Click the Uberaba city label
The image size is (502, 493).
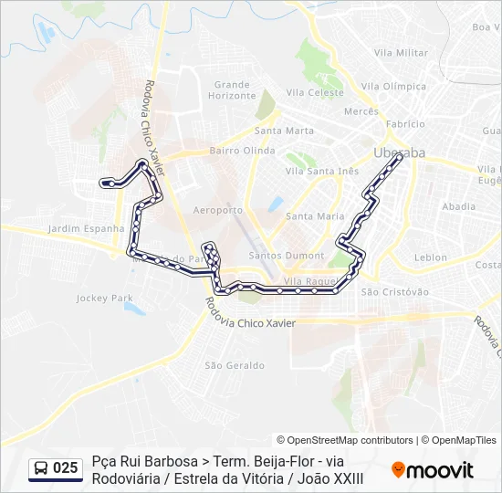pyautogui.click(x=400, y=152)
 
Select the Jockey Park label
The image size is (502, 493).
pyautogui.click(x=105, y=299)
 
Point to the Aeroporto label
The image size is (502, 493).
pyautogui.click(x=219, y=210)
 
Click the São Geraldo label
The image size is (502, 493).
pyautogui.click(x=235, y=365)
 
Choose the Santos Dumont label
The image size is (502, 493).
pyautogui.click(x=293, y=256)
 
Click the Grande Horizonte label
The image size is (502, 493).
pyautogui.click(x=232, y=89)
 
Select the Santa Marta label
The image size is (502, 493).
pyautogui.click(x=285, y=131)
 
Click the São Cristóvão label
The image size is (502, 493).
pyautogui.click(x=395, y=292)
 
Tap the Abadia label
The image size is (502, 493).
pyautogui.click(x=458, y=207)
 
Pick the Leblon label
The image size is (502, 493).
pyautogui.click(x=431, y=258)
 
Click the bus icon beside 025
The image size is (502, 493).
pyautogui.click(x=42, y=468)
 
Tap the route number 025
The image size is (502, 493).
pyautogui.click(x=66, y=468)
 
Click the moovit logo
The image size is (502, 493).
pyautogui.click(x=433, y=470)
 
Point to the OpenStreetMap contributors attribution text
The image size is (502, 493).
pyautogui.click(x=345, y=440)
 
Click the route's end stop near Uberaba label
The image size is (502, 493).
pyautogui.click(x=400, y=158)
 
